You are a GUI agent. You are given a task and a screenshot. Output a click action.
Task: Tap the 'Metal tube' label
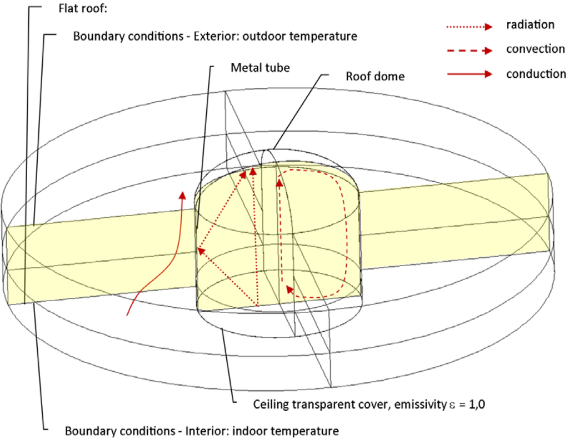(260, 68)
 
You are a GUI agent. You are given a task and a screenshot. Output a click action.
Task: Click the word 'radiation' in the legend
(530, 25)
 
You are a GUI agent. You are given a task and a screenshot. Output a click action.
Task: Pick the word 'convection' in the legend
(535, 49)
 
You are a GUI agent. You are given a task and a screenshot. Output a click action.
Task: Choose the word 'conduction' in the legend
(536, 73)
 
